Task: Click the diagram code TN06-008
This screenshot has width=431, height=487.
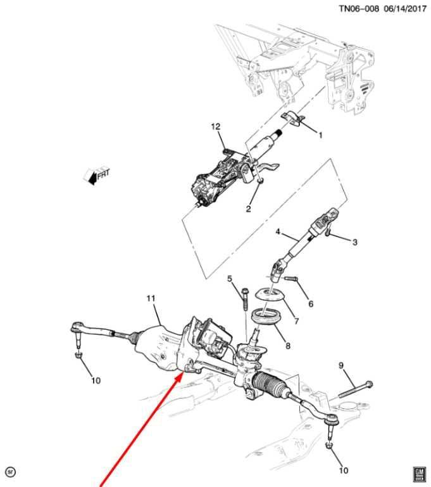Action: [359, 8]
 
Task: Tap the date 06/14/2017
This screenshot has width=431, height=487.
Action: [405, 8]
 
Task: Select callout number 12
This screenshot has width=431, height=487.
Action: [215, 126]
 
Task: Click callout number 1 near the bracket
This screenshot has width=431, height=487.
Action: [321, 135]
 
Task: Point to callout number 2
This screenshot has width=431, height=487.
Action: [248, 209]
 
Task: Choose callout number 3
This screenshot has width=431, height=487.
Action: [354, 242]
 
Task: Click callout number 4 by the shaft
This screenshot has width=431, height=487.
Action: [278, 231]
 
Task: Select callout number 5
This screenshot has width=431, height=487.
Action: [230, 278]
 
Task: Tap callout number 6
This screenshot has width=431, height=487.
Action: [311, 304]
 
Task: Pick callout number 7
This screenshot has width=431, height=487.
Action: [296, 320]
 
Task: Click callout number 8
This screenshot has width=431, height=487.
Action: [288, 345]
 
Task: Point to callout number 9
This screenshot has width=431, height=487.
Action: [341, 365]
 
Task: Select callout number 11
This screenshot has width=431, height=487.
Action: [151, 298]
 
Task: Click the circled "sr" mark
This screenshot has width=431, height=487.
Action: [11, 472]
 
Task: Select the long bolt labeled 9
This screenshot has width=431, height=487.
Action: [355, 390]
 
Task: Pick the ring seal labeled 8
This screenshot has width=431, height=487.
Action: [263, 317]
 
